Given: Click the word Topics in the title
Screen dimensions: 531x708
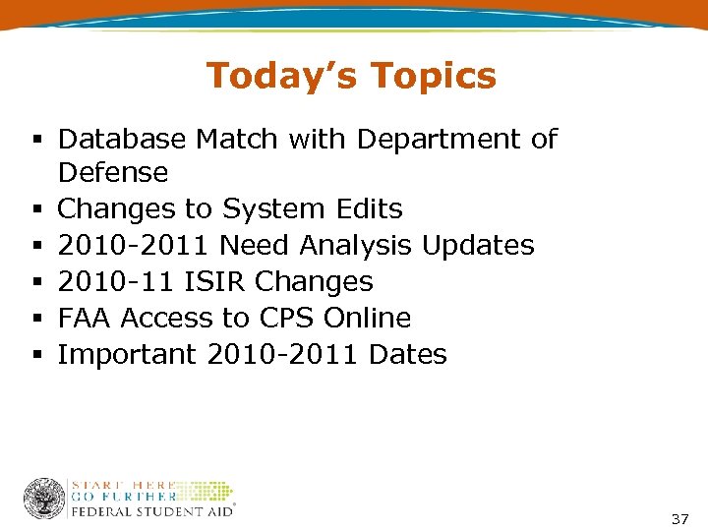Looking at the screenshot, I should click(435, 76).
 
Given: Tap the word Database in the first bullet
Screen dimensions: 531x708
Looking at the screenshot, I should click(122, 140).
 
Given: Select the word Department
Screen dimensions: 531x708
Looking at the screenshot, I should click(440, 140).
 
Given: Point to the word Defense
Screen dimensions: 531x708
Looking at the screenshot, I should click(113, 173).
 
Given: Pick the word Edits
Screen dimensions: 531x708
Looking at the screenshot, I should click(371, 209).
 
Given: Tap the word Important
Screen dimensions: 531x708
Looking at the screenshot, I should click(127, 355).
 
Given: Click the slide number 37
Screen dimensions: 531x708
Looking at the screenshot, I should click(679, 518).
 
